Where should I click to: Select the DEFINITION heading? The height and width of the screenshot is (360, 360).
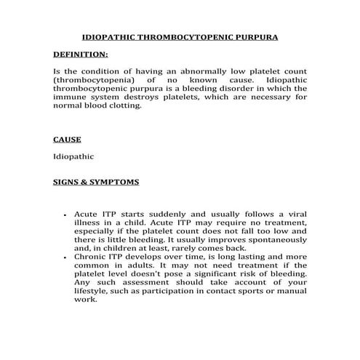(x=81, y=55)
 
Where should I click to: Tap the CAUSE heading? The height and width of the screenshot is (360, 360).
(x=67, y=138)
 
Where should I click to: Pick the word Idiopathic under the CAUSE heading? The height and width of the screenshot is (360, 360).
(x=73, y=156)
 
